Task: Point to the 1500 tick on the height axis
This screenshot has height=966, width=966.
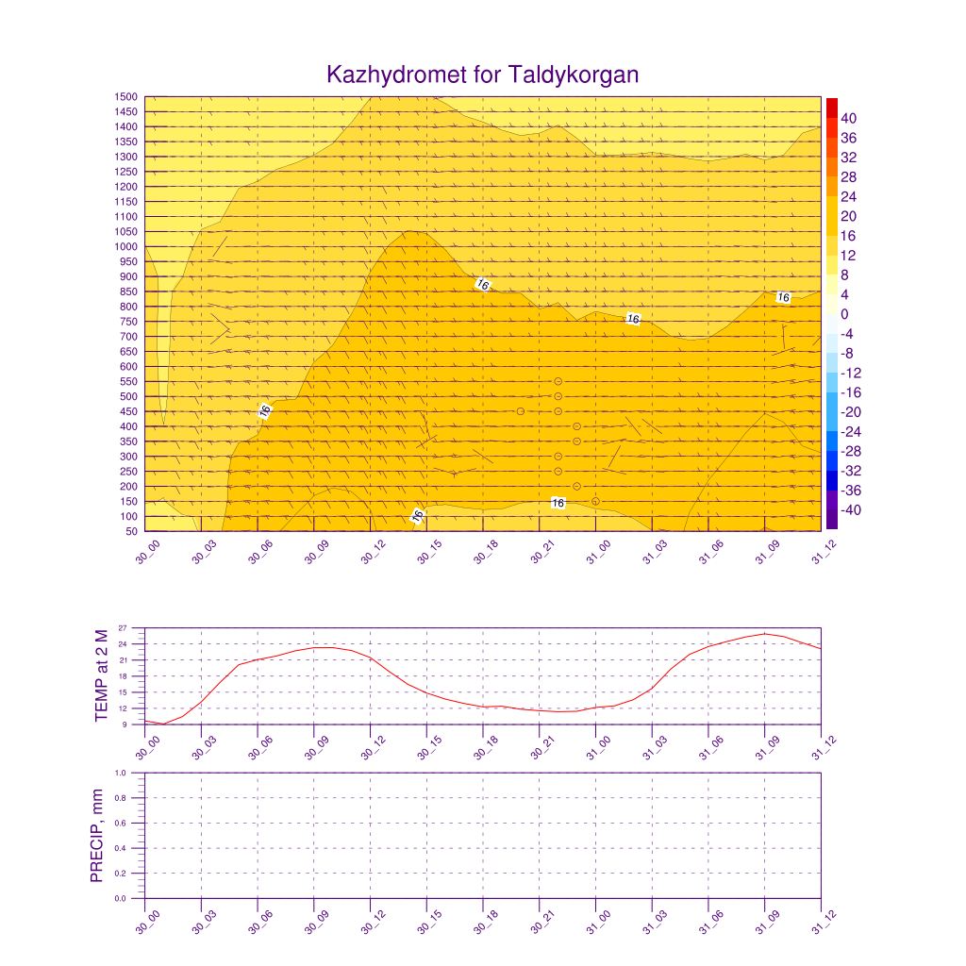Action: tap(127, 97)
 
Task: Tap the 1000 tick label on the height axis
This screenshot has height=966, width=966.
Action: tap(127, 247)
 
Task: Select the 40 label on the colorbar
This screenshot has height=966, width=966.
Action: tap(849, 118)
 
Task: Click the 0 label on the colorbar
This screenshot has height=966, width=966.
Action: tap(845, 314)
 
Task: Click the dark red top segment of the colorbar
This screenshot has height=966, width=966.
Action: tap(831, 107)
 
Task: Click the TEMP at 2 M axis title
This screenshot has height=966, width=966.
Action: tap(103, 675)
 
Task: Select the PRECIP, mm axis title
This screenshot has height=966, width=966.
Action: tap(96, 836)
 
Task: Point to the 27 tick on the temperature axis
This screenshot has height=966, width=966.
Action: tap(123, 628)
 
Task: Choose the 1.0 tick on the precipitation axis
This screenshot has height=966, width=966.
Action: tap(121, 773)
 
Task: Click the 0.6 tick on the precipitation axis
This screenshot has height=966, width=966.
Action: tap(121, 824)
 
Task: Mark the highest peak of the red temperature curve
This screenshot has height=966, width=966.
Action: tap(765, 634)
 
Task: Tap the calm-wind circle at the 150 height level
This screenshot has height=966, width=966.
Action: tap(595, 501)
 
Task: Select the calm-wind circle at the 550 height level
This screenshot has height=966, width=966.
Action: tap(558, 381)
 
